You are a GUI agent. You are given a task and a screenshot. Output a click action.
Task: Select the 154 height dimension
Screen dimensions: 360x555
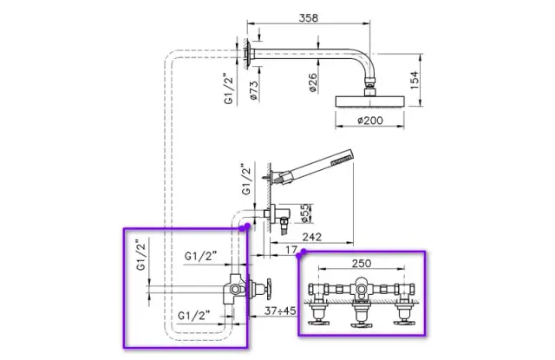[x=415, y=77]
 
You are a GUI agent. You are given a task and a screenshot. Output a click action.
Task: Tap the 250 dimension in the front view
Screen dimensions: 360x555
[x=362, y=262]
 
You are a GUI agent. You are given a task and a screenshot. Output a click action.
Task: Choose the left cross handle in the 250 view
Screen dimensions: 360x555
[x=321, y=323]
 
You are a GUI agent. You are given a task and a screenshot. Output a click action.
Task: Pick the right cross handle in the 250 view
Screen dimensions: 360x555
[x=402, y=323]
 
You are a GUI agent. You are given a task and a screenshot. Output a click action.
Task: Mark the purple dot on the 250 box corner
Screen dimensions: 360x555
[x=299, y=254]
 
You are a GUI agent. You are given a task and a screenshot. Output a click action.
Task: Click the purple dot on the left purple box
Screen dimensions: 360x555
[x=247, y=227]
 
